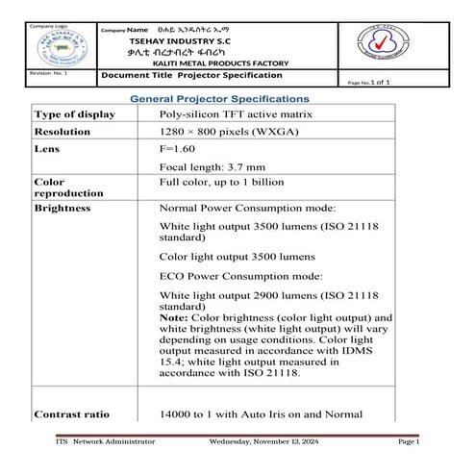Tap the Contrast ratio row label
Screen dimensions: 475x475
pyautogui.click(x=71, y=414)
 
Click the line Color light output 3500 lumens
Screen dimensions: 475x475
pyautogui.click(x=232, y=258)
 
